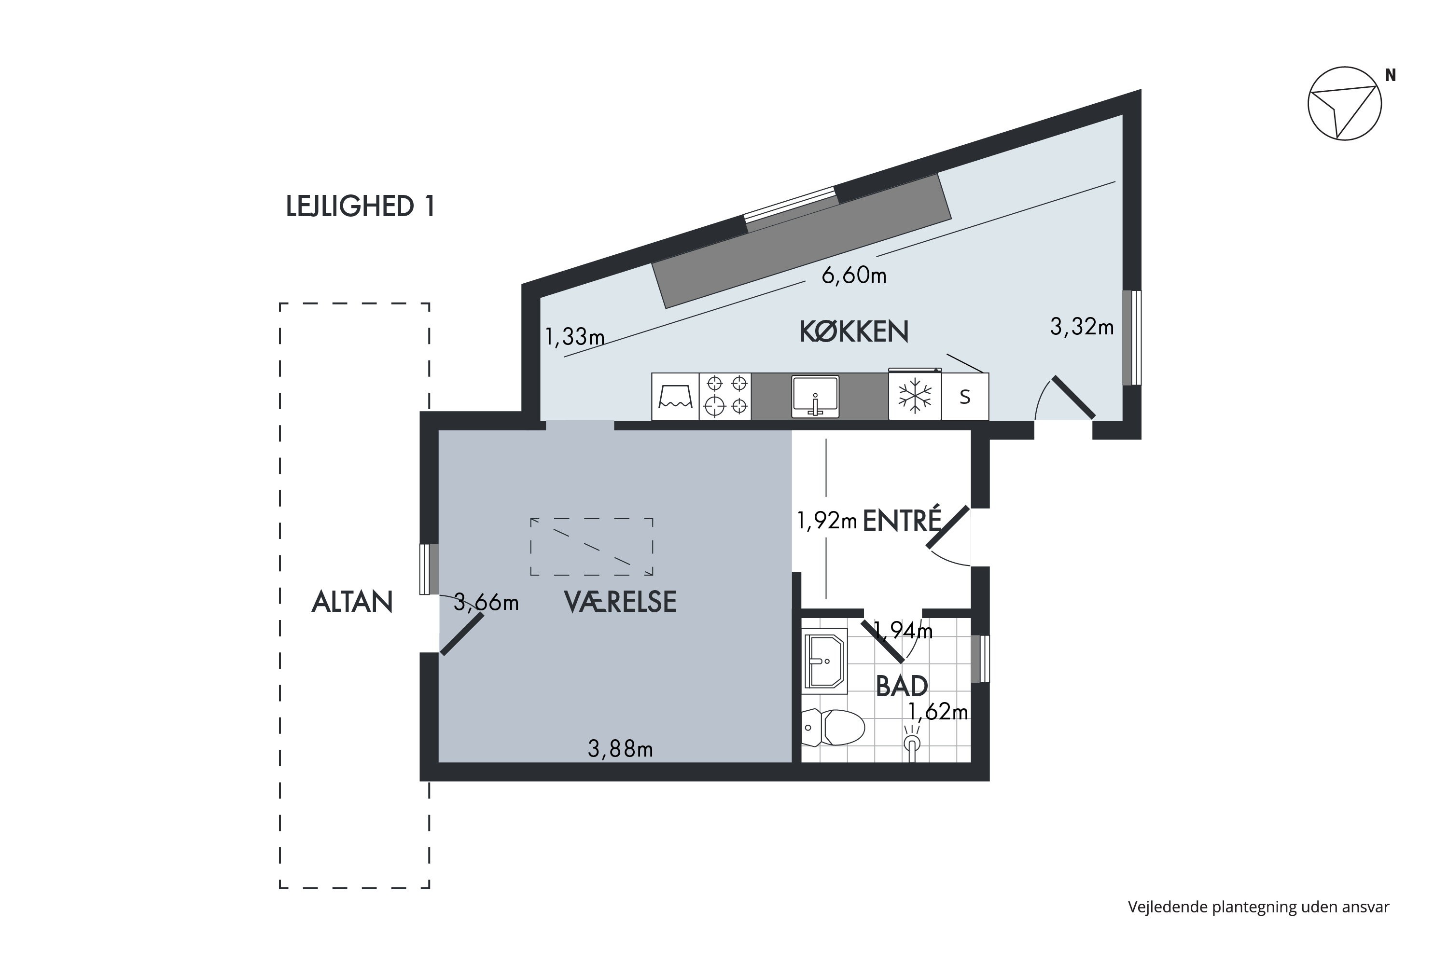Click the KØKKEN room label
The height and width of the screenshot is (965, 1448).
point(853,332)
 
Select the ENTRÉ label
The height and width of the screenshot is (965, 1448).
point(902,520)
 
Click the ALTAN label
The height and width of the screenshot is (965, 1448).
point(352,601)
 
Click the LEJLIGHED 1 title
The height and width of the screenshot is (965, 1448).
point(360,206)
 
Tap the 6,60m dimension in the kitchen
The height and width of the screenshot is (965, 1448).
point(854,275)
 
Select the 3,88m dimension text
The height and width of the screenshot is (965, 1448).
point(620,748)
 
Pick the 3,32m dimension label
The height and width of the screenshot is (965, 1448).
point(1082,327)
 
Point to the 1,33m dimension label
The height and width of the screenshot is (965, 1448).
point(574,337)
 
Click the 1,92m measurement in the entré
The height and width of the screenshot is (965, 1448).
point(827,521)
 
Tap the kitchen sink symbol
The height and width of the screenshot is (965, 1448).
point(815,396)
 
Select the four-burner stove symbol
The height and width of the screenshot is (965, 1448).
point(725,396)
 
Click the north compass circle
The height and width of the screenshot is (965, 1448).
point(1345,103)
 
